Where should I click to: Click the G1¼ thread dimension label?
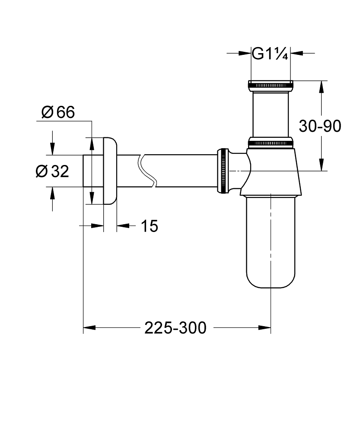tap(270, 54)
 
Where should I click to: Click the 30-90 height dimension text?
tap(320, 126)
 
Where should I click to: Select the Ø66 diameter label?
tap(58, 112)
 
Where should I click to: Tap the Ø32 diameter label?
tap(52, 172)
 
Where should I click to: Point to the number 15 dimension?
tap(150, 226)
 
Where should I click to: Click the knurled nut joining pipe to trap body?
tap(223, 171)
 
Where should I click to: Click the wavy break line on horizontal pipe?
tap(146, 171)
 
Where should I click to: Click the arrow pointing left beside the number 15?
tap(123, 225)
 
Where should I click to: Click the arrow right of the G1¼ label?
tap(296, 53)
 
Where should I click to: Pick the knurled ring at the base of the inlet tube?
tap(271, 142)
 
